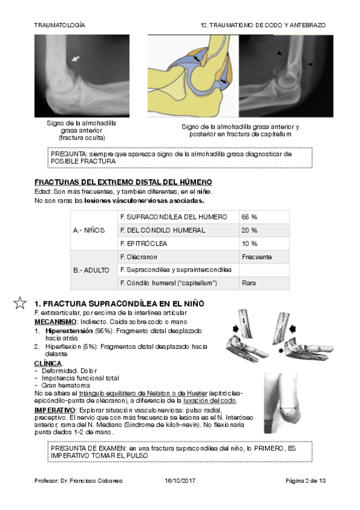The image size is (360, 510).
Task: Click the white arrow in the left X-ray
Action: [x=75, y=58]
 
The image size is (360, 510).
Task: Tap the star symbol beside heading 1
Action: [x=20, y=303]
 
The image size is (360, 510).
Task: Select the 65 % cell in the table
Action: [x=264, y=217]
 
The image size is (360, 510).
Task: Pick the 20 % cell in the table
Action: [x=264, y=230]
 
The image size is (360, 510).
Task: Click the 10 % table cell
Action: [x=264, y=244]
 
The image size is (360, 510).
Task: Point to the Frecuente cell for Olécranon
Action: [x=264, y=257]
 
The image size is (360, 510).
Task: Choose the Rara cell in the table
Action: [x=264, y=283]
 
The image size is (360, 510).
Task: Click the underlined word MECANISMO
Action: [x=55, y=322]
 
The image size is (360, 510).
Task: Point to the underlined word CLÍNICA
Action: [x=48, y=363]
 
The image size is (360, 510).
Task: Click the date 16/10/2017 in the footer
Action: [x=180, y=481]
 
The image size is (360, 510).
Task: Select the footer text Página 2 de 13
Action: [x=305, y=481]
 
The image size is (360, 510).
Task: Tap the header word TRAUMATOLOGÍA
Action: [x=59, y=25]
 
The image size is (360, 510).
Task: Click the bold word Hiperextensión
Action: [x=69, y=331]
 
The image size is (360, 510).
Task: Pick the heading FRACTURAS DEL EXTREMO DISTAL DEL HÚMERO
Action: [x=123, y=182]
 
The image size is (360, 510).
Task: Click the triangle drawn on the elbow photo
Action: [x=288, y=411]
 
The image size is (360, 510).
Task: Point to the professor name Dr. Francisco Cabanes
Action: [x=91, y=481]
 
